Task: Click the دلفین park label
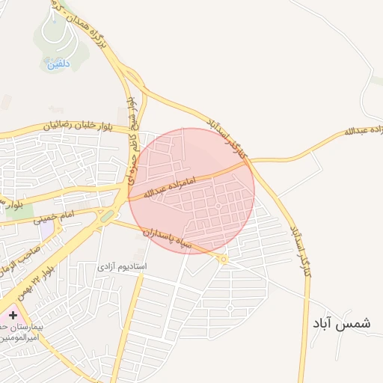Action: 58,64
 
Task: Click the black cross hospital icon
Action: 13,316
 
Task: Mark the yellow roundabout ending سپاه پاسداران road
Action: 223,259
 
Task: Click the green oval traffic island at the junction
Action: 108,217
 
